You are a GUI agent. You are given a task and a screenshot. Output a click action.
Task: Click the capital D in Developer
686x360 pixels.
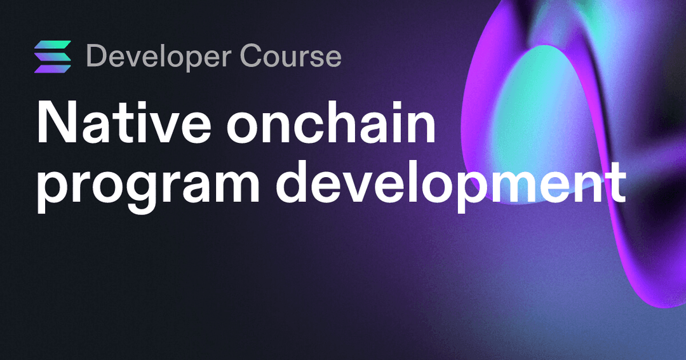pyautogui.click(x=96, y=57)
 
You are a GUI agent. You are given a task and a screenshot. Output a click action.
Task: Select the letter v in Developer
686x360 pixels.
pyautogui.click(x=138, y=59)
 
